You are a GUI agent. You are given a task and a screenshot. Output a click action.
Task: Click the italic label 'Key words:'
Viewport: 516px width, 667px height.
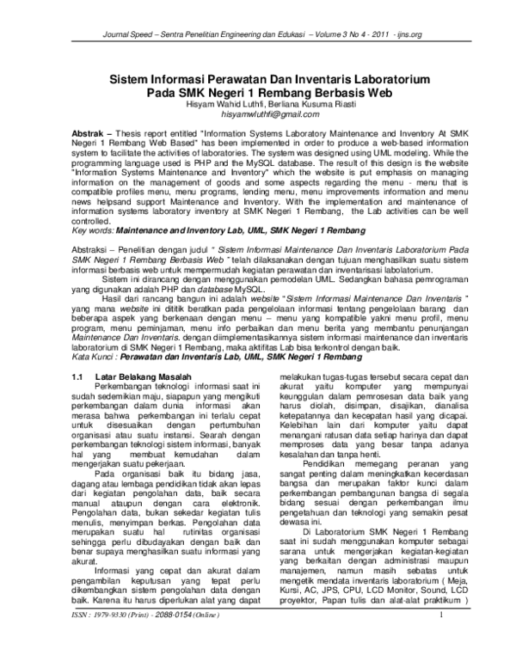pos(90,234)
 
